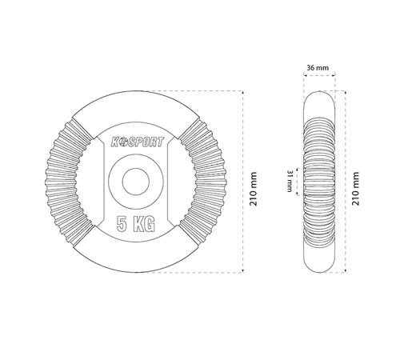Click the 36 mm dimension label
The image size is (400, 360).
[x=318, y=68]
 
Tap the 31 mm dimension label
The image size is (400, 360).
[x=290, y=181]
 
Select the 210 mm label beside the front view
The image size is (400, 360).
[x=253, y=189]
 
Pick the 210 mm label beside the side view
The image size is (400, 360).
[x=356, y=189]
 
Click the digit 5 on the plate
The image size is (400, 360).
[x=122, y=223]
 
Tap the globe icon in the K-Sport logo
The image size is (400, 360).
[x=123, y=142]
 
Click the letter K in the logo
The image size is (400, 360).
[x=115, y=142]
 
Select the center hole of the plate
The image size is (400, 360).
[x=136, y=182]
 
